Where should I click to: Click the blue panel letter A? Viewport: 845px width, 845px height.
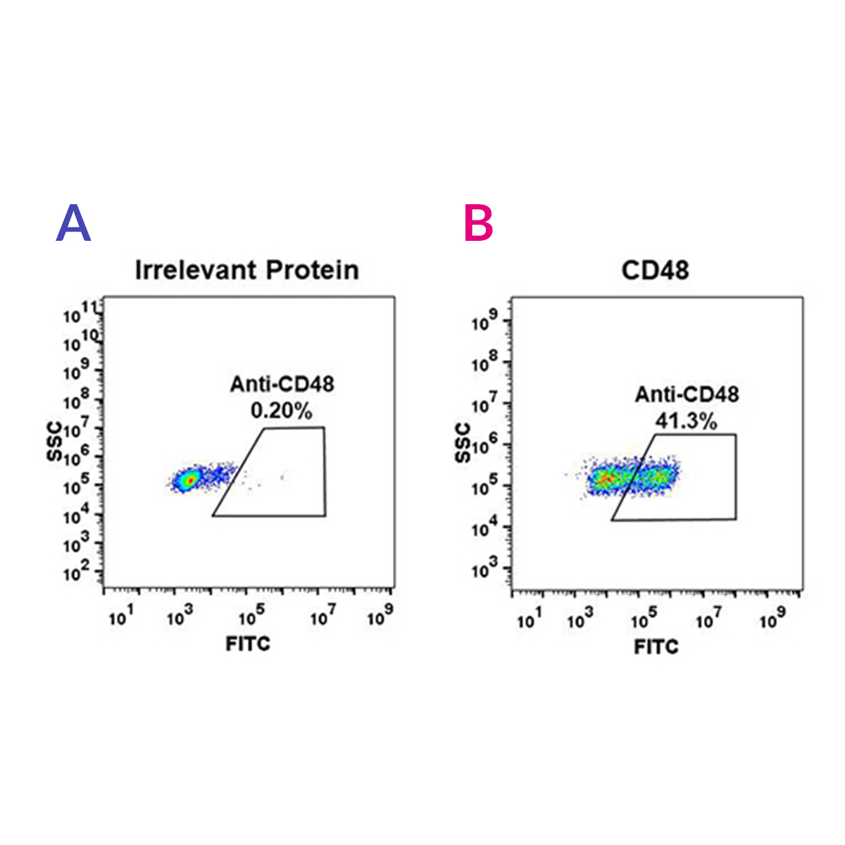pos(73,224)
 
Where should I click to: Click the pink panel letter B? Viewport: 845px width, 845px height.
pos(479,224)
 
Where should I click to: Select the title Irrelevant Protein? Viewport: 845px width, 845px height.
pos(246,270)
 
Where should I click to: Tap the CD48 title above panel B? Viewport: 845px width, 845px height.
pos(655,270)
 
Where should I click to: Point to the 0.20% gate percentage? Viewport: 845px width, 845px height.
pos(281,411)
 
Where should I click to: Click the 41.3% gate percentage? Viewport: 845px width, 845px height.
pos(686,421)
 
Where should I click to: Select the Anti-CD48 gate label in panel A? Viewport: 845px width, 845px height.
pos(282,384)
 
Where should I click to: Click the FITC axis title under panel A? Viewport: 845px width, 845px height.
pos(248,643)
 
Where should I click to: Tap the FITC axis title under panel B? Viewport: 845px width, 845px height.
pos(656,646)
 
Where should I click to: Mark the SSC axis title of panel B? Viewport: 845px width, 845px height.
pos(463,444)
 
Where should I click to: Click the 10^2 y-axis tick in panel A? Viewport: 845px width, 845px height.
pos(76,573)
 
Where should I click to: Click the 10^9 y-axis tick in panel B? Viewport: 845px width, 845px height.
pos(484,323)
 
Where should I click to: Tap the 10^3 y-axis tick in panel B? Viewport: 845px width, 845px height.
pos(484,569)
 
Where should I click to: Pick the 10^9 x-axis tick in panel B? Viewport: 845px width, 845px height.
pos(772,619)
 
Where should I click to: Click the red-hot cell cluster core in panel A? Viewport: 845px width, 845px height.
pos(188,481)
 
